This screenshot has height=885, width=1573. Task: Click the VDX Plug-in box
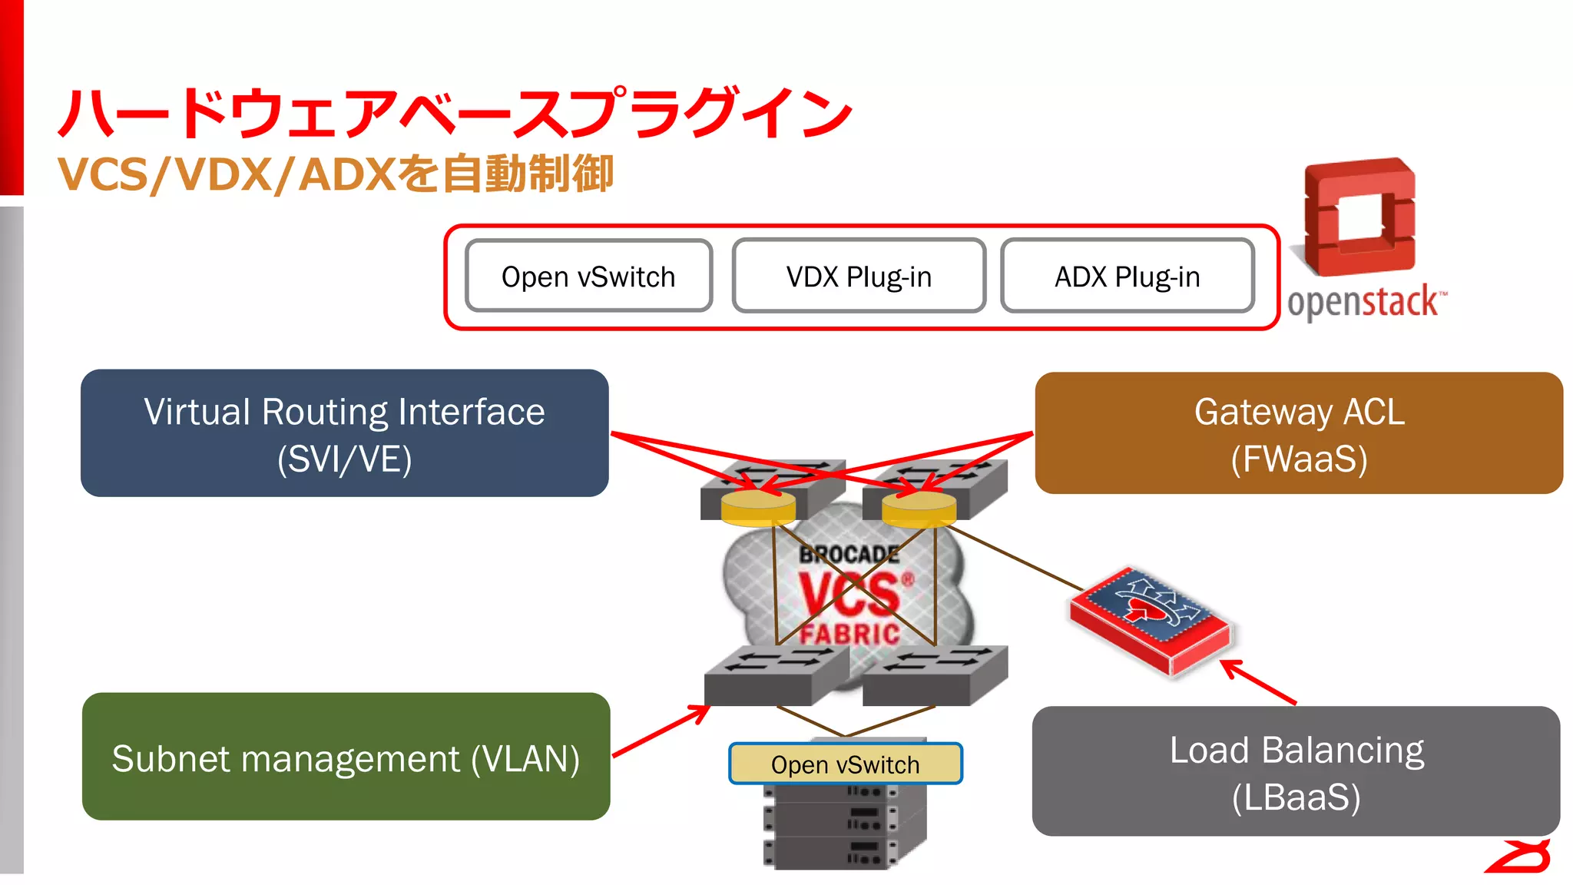859,277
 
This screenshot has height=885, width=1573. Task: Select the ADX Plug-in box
1127,277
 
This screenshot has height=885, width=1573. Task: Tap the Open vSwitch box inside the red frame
588,277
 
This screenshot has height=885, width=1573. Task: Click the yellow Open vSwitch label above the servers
845,764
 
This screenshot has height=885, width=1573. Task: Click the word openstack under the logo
1364,302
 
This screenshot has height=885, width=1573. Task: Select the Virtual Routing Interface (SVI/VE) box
344,433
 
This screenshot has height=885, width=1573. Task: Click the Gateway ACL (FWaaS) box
1298,433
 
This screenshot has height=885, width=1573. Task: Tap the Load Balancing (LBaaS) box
1296,771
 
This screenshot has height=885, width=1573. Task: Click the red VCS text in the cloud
849,595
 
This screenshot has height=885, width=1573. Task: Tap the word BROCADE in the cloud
849,554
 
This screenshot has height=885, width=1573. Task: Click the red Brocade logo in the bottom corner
1519,857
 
